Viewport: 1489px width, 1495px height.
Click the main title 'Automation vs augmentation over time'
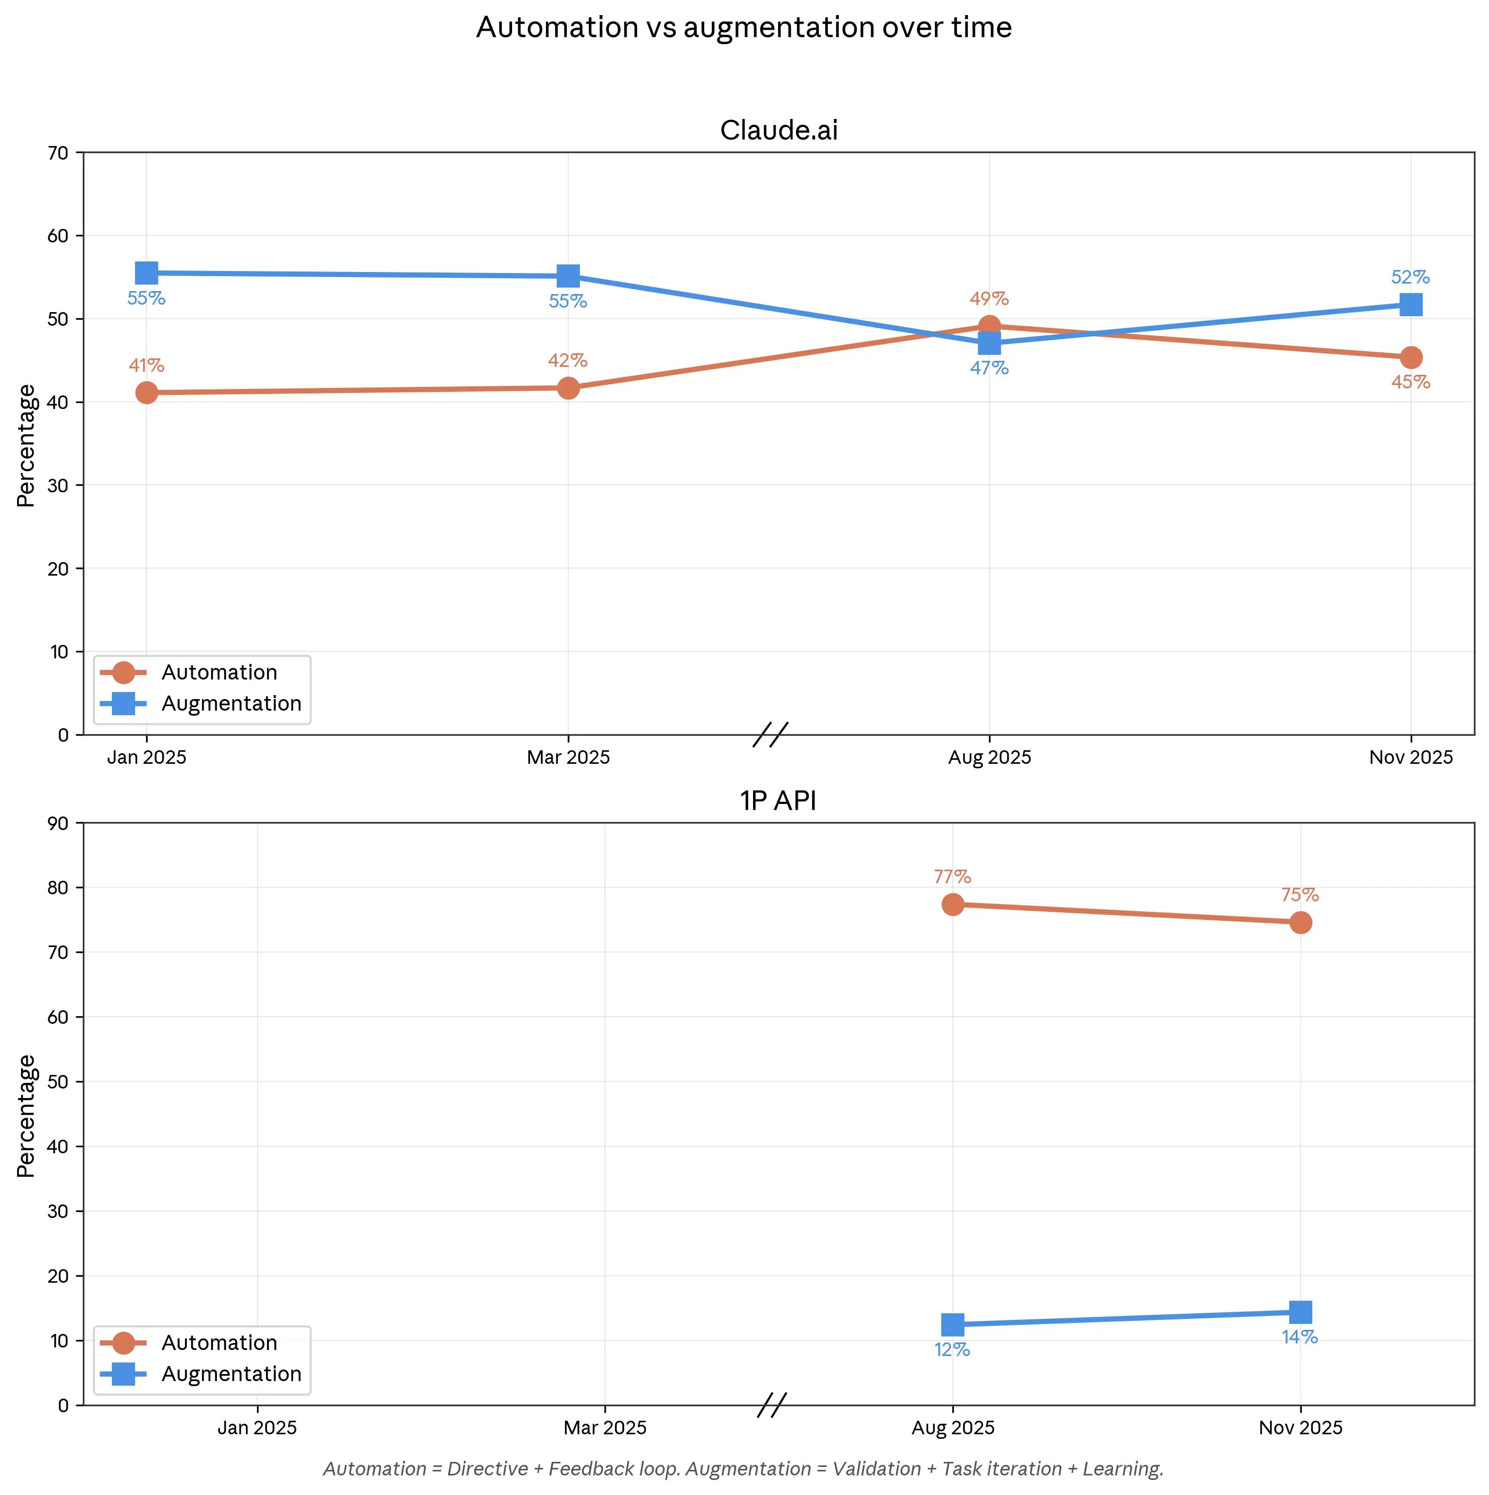pyautogui.click(x=743, y=28)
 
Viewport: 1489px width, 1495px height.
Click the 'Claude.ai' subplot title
pyautogui.click(x=779, y=130)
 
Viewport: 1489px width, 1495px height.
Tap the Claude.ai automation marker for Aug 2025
pyautogui.click(x=989, y=326)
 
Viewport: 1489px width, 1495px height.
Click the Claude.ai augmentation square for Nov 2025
pyautogui.click(x=1410, y=305)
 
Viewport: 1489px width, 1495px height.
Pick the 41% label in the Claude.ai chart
pyautogui.click(x=146, y=365)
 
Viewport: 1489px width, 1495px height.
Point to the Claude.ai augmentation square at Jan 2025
pyautogui.click(x=146, y=273)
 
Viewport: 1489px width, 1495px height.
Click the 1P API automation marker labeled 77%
pyautogui.click(x=953, y=904)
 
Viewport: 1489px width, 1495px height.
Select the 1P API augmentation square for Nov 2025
pyautogui.click(x=1300, y=1312)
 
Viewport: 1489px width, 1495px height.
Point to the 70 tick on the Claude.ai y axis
pyautogui.click(x=59, y=153)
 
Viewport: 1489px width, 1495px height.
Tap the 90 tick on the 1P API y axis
pyautogui.click(x=59, y=824)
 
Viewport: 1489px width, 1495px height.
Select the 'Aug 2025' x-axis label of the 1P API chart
pyautogui.click(x=953, y=1428)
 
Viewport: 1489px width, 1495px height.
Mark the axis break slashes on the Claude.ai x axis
pyautogui.click(x=771, y=734)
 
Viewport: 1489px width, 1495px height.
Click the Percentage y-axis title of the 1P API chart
pyautogui.click(x=26, y=1116)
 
